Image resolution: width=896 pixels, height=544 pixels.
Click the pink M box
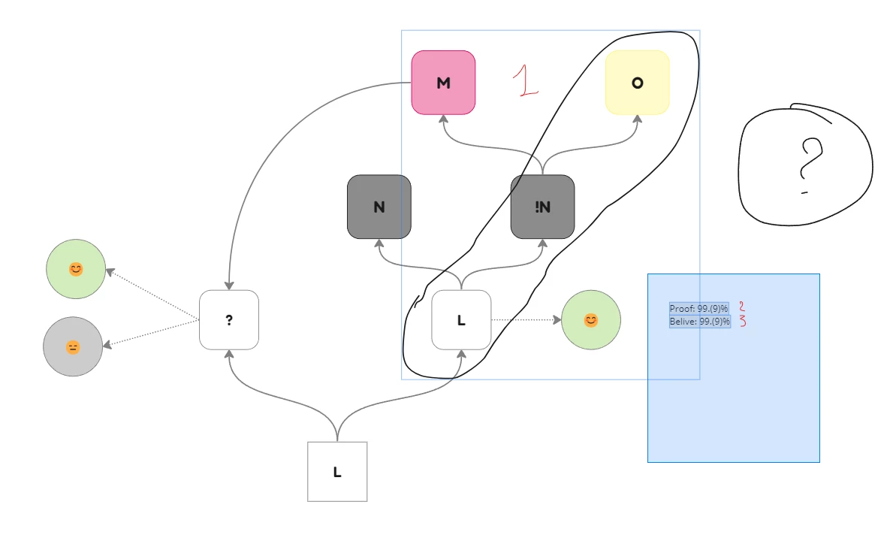(x=443, y=83)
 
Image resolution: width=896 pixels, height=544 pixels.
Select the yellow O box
(x=637, y=83)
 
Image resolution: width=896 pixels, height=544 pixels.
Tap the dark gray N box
(x=379, y=207)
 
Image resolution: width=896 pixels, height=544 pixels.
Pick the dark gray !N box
(x=542, y=207)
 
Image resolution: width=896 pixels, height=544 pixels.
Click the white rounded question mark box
(x=229, y=320)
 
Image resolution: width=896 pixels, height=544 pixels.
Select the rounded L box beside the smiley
(x=461, y=320)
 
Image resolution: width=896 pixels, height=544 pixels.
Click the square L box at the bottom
(x=337, y=472)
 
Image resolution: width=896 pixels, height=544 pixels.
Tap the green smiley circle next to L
(x=591, y=320)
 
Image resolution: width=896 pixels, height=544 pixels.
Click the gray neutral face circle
(x=73, y=347)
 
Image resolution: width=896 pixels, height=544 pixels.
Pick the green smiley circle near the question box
(x=76, y=269)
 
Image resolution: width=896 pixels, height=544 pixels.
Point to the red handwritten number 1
(x=524, y=80)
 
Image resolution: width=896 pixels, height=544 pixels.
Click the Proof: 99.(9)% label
(x=699, y=309)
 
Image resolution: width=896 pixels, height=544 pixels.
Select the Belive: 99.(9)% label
(x=700, y=321)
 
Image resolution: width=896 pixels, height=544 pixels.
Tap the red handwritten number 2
(x=742, y=307)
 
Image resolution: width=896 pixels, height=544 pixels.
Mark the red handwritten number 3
(x=743, y=321)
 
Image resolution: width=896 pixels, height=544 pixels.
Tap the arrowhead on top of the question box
(x=229, y=285)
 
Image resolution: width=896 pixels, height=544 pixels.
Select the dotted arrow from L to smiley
(x=526, y=320)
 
